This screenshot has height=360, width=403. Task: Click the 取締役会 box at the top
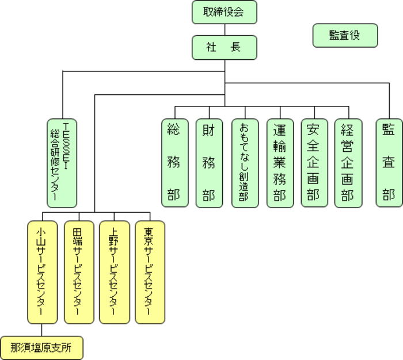point(224,12)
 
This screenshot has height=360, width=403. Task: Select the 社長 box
point(224,48)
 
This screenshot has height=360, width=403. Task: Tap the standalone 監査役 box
point(345,35)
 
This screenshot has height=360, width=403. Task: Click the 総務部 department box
point(174,162)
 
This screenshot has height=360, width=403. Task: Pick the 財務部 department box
point(208,162)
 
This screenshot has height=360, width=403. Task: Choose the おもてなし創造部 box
point(244,162)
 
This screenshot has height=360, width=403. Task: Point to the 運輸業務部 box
point(279,162)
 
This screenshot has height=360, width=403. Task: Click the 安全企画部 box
point(314,162)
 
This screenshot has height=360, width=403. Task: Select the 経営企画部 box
point(348,162)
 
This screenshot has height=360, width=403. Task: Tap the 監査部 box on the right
point(389,162)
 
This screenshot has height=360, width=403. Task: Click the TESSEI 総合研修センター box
point(62,162)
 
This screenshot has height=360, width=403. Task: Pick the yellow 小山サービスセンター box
point(41,271)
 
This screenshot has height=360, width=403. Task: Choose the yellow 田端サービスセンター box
point(79,271)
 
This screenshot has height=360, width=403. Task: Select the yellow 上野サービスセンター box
point(114,271)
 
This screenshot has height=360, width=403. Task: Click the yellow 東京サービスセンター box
point(150,271)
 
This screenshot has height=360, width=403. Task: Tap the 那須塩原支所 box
point(41,347)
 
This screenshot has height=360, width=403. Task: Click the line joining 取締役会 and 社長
point(224,30)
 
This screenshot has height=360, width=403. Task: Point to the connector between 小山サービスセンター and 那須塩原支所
point(41,330)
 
